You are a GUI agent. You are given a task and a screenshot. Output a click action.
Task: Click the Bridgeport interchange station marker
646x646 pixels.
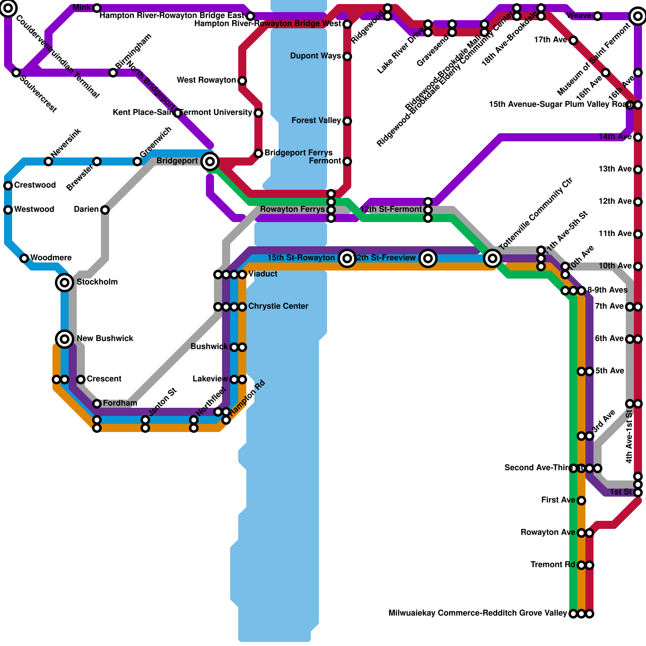pos(210,161)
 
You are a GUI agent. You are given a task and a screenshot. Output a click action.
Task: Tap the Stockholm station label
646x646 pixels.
pos(97,282)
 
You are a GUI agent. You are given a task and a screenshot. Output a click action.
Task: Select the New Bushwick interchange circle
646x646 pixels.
pos(65,339)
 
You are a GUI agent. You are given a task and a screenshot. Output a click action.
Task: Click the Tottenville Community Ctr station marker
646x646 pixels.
pos(492,258)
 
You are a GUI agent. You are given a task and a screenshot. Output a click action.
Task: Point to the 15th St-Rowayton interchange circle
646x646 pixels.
pos(347,258)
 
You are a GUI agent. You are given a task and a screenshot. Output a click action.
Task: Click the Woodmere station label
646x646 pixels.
pos(51,258)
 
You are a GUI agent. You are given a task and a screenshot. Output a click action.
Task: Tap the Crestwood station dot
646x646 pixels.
pos(8,186)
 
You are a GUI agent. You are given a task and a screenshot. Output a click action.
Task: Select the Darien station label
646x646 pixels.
pos(86,209)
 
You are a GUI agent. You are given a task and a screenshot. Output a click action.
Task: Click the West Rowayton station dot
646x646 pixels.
pos(242,81)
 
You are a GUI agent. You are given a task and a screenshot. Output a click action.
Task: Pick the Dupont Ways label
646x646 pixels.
pos(315,56)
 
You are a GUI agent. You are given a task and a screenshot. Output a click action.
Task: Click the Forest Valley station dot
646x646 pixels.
pos(347,121)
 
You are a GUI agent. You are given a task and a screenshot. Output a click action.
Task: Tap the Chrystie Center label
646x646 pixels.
pos(278,306)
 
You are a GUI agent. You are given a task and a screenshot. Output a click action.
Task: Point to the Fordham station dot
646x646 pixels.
pos(97,404)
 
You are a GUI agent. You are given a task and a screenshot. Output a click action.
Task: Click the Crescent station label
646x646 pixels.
pos(104,379)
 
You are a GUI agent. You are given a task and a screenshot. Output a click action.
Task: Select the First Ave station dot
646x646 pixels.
pos(581,501)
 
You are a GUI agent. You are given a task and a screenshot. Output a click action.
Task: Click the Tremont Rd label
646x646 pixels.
pos(552,564)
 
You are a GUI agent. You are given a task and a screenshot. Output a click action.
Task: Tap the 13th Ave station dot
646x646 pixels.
pos(638,170)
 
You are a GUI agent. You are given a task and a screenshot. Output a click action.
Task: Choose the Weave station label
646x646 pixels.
pos(579,15)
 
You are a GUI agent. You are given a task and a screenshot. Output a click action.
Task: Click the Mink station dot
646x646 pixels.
pos(97,8)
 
